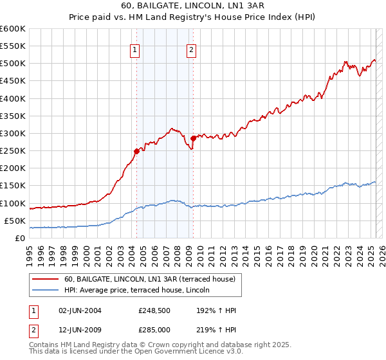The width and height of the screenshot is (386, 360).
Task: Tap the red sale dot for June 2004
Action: tap(136, 151)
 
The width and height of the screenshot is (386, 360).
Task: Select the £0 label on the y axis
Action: tap(19, 238)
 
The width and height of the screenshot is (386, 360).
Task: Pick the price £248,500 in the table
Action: tap(154, 310)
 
